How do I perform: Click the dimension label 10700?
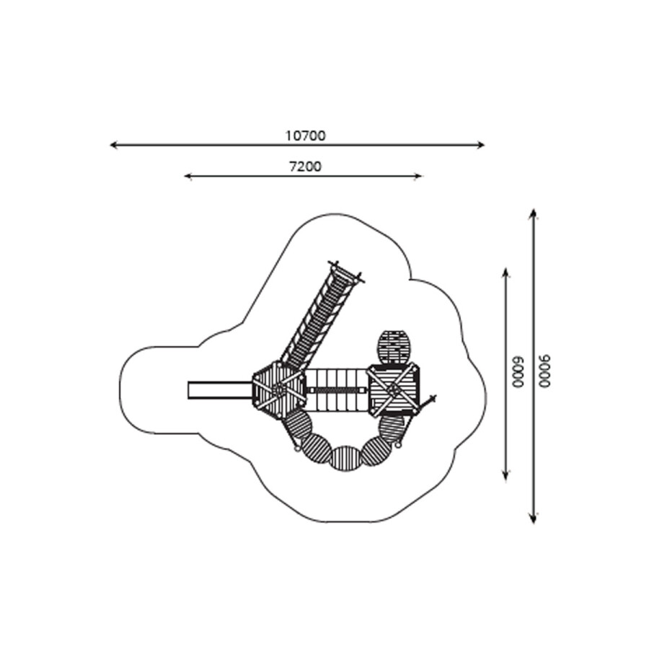[x=306, y=136]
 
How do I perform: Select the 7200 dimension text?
[x=305, y=167]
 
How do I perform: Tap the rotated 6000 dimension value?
[x=518, y=371]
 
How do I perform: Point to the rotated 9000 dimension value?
[x=545, y=371]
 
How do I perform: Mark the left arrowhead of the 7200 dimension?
[x=186, y=177]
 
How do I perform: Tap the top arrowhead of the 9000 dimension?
[x=534, y=211]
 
